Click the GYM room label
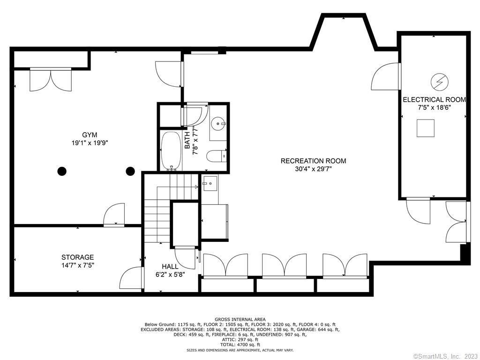[90, 135]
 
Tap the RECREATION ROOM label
[314, 161]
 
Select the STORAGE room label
[77, 257]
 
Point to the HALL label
[170, 266]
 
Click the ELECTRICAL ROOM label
[435, 99]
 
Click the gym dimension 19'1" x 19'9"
[90, 142]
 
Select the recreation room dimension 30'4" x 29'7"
[314, 169]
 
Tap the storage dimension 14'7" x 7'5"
[77, 265]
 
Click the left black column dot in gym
[62, 171]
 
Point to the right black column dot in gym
[130, 171]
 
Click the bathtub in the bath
[171, 151]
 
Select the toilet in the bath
[216, 156]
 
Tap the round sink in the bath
[218, 124]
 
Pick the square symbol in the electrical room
[426, 128]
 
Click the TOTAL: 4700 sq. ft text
[240, 345]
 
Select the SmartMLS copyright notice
[446, 356]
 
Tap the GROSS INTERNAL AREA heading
[240, 320]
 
